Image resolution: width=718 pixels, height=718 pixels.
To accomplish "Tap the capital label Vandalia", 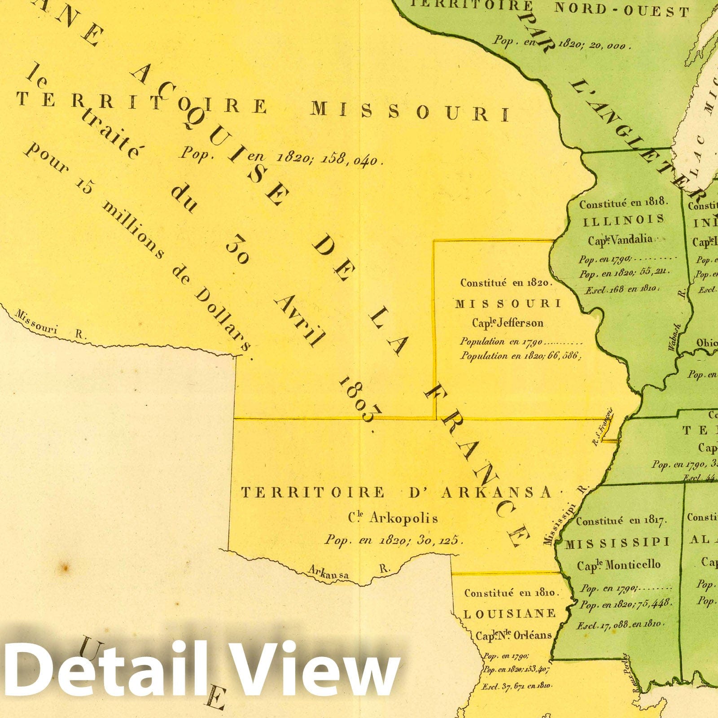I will coord(630,239).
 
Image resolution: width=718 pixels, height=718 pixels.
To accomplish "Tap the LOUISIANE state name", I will coord(509,614).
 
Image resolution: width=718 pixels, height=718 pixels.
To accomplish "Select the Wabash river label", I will coord(674,337).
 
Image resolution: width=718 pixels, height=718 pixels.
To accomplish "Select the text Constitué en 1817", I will coord(622,521).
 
